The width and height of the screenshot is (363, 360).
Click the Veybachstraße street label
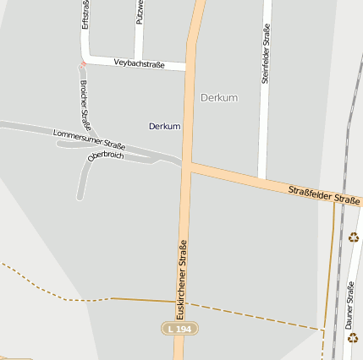pos(139,63)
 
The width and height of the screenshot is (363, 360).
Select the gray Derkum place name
pos(219,98)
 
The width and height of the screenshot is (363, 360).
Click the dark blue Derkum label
pos(164,126)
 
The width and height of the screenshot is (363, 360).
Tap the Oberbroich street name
pos(106,155)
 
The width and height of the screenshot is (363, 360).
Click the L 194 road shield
pos(179,327)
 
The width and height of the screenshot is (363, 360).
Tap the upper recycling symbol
pos(353,237)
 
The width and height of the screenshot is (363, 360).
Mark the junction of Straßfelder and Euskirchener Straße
pos(186,165)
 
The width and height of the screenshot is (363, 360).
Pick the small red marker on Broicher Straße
pos(83,63)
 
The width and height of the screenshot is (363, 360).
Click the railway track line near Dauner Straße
pos(338,254)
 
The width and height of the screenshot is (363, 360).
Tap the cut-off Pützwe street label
pos(140,12)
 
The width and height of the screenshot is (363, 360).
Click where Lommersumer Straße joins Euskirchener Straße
pos(180,160)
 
